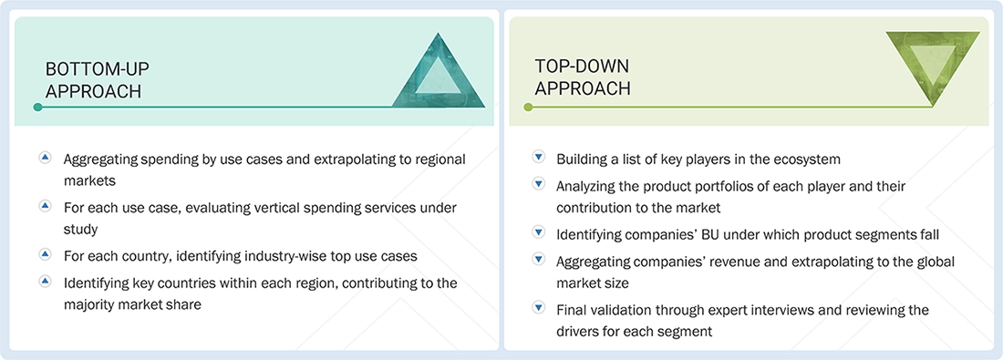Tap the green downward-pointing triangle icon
click(x=932, y=68)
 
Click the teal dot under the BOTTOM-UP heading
click(x=37, y=108)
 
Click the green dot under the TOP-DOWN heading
click(x=527, y=108)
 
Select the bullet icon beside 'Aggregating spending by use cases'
click(x=45, y=159)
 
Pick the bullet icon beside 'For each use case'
click(x=45, y=207)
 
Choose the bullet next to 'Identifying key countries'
click(x=45, y=283)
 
